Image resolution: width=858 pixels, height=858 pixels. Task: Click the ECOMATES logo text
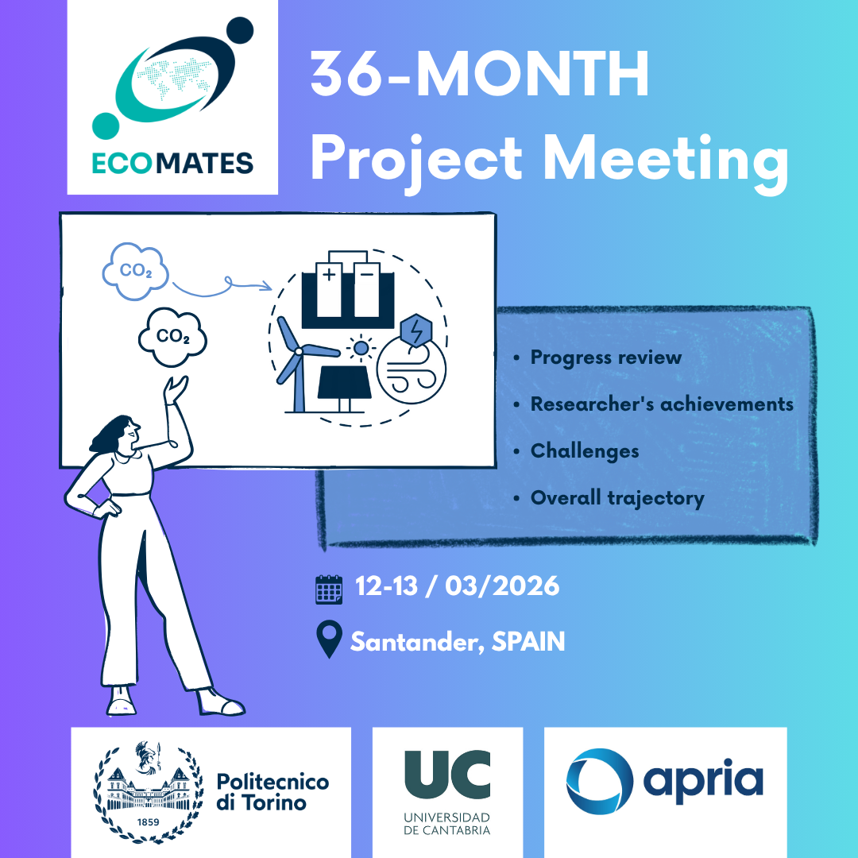point(172,163)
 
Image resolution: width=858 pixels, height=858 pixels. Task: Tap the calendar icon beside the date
point(329,589)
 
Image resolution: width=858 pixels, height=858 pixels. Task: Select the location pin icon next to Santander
point(329,639)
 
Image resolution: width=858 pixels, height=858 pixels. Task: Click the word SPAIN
point(528,641)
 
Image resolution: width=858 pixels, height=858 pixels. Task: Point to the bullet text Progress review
point(605,357)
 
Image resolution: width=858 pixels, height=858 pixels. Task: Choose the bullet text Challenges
point(585,451)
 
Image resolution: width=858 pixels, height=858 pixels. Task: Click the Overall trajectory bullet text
point(617,498)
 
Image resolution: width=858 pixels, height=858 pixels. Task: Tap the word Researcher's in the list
point(592,404)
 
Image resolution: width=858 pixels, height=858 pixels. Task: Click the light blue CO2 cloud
point(135,271)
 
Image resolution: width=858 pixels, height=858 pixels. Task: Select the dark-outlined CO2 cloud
point(172,336)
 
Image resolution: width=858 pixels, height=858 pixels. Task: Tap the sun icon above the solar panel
point(361,348)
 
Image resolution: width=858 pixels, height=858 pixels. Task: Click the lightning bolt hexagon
point(416,330)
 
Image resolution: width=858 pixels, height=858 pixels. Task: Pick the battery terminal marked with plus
point(329,289)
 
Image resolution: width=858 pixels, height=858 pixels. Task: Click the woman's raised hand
point(176,389)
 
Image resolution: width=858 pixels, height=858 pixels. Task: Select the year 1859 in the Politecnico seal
point(148,822)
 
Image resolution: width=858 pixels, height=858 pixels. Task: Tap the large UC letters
point(447,775)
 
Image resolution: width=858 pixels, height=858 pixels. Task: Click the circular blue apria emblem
point(600,781)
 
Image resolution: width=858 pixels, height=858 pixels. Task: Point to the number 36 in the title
point(346,73)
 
